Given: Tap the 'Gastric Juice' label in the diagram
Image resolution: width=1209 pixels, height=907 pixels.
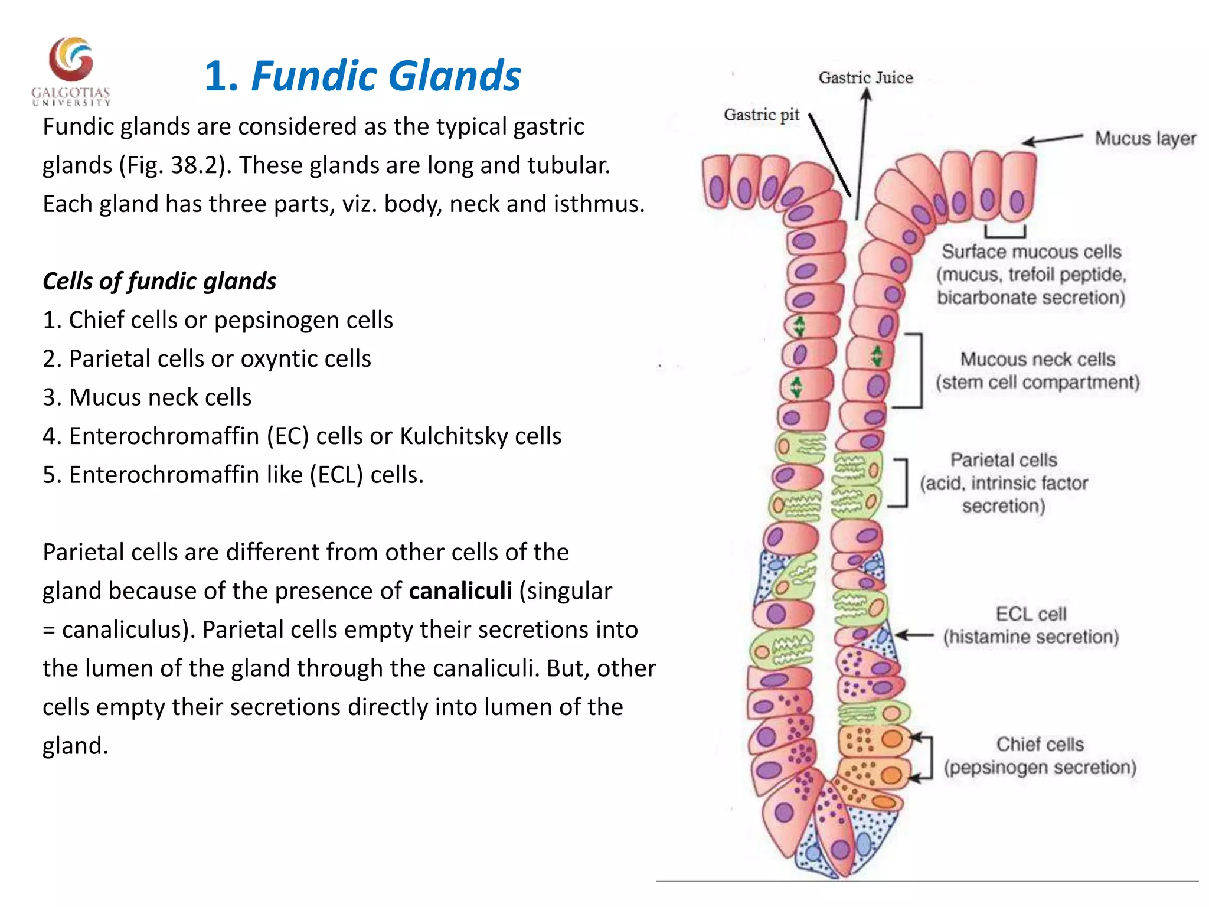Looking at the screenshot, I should point(865,78).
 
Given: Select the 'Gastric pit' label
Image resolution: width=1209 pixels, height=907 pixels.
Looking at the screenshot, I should point(762,115).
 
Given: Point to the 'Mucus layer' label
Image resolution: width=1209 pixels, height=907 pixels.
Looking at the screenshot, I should point(1145,139).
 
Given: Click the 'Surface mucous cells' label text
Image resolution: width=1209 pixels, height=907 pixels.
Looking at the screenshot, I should point(1031,252).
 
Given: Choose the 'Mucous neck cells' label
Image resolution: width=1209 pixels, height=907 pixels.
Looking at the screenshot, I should point(1037,360).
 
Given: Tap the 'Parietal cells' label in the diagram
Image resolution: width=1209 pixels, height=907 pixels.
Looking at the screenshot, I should point(1004,461).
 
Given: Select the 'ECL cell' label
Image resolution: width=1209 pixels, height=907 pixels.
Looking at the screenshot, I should point(1031,614).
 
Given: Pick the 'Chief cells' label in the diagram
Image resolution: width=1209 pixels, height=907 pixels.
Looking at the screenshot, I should point(1040,745).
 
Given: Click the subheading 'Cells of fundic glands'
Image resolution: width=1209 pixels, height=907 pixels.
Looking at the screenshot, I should point(159,282).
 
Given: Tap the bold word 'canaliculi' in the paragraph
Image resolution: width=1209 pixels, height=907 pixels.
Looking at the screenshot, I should point(460,591).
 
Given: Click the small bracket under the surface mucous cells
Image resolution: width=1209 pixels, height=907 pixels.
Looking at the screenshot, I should point(1005,231).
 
